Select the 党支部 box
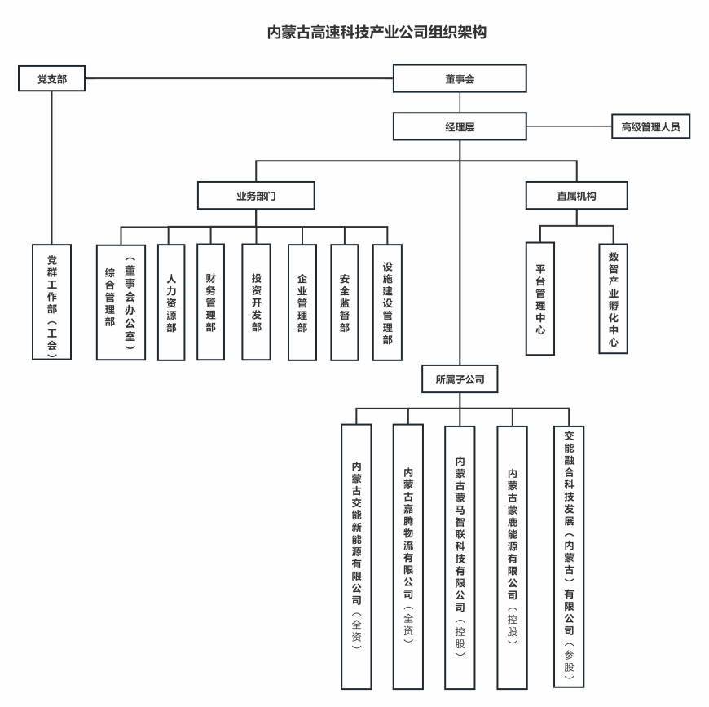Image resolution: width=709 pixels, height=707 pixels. point(51,79)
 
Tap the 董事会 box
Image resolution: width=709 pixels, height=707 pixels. point(460,79)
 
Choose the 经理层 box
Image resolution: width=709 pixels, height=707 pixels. point(460,126)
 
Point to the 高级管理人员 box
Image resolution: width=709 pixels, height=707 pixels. point(650,126)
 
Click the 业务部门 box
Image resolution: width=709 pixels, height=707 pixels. point(257,195)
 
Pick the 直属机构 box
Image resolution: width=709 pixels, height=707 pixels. point(576,195)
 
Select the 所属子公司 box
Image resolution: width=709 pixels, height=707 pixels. point(460,378)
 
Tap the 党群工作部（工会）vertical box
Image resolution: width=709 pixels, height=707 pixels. point(51,302)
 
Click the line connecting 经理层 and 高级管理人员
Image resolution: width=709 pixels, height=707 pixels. point(569,126)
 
